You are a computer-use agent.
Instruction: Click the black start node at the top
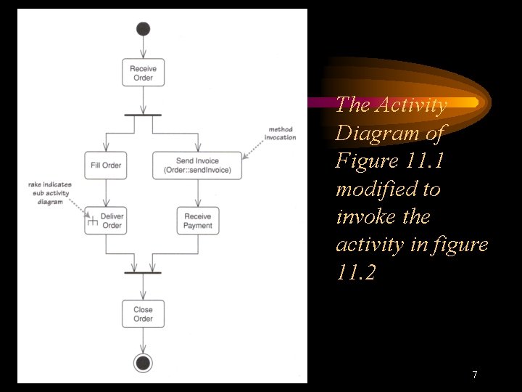[143, 29]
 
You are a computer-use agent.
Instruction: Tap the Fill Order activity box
[107, 166]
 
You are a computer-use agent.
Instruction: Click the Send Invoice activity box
[196, 166]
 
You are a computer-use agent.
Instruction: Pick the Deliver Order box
[107, 221]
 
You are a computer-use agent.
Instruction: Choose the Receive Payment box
[197, 221]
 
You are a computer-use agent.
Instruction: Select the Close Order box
[143, 314]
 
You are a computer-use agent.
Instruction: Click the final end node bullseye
[143, 363]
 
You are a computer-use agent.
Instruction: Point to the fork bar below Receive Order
[143, 115]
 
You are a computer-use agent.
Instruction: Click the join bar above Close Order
[143, 272]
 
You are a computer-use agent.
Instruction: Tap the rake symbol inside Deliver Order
[92, 222]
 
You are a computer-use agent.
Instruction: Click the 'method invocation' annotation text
[280, 134]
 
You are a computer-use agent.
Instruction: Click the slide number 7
[474, 375]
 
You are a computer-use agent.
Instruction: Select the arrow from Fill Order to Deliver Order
[107, 192]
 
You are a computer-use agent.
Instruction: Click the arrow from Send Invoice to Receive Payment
[197, 192]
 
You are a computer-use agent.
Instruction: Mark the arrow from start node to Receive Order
[143, 46]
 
